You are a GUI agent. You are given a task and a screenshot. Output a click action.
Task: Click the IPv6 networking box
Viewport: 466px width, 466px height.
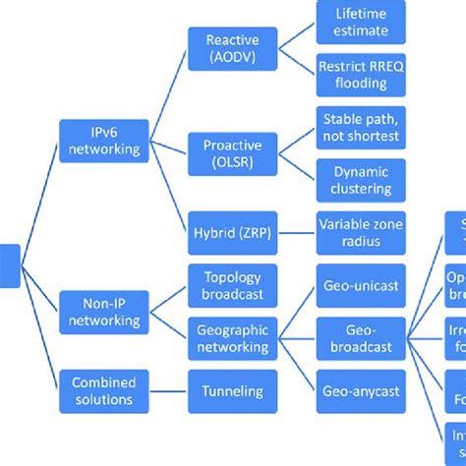(x=103, y=142)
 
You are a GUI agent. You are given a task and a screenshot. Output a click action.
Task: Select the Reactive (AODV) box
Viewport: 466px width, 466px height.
(x=233, y=49)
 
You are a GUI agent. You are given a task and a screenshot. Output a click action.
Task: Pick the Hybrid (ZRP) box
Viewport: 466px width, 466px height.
(x=233, y=233)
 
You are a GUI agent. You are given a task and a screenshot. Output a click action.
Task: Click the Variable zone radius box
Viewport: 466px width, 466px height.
(x=360, y=233)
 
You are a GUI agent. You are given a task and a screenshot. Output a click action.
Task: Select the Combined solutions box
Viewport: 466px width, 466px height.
(x=103, y=391)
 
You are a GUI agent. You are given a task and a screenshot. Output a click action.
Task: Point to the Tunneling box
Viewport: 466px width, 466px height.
(x=233, y=391)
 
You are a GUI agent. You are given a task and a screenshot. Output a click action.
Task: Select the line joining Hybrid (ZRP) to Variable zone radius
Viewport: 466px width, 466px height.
(x=296, y=233)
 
